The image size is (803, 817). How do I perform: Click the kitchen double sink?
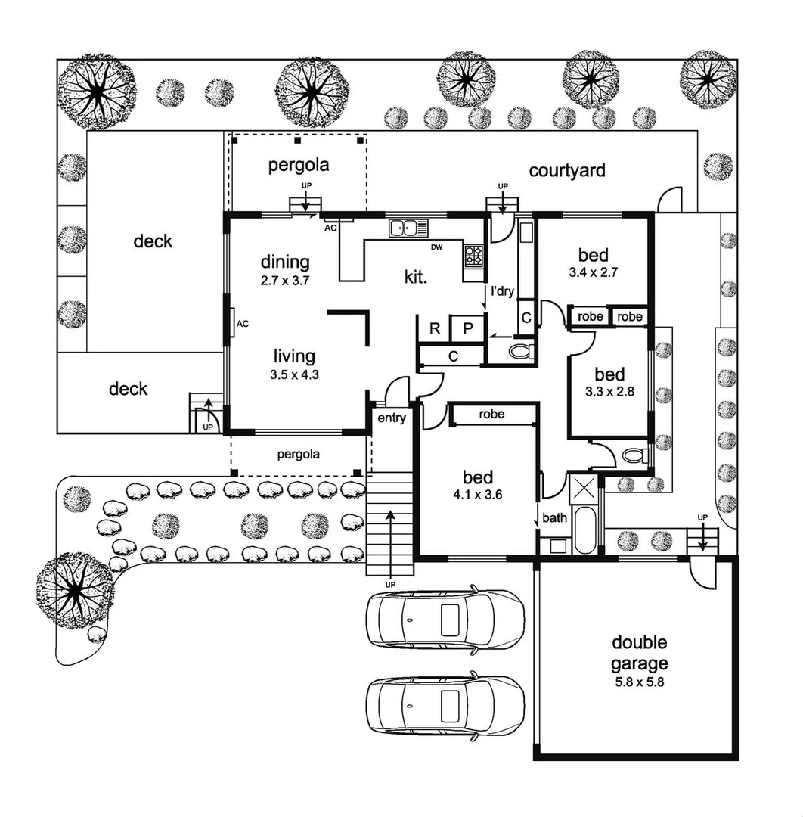coord(409,227)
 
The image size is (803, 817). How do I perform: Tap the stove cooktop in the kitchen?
coord(473,255)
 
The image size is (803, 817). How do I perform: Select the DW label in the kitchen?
coord(436,247)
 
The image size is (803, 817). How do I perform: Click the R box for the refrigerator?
coord(434,328)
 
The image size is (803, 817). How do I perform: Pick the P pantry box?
coord(467,328)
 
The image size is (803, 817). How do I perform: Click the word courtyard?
coord(566,170)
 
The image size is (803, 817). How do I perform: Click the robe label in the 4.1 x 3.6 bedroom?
coord(491,415)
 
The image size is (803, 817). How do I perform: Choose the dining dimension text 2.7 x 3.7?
coord(285,280)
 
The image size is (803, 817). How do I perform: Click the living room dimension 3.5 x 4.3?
coord(294,373)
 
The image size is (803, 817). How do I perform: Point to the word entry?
coord(391,418)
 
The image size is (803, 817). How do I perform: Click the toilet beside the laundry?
coord(519,351)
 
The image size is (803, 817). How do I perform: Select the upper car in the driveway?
coord(445,618)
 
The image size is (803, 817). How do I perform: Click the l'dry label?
coord(503,291)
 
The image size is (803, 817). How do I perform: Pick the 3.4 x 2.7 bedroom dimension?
coord(594,273)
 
